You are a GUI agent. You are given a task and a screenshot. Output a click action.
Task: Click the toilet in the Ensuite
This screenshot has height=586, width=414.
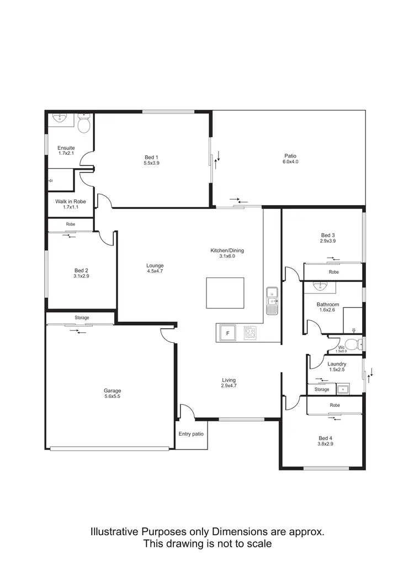point(84,125)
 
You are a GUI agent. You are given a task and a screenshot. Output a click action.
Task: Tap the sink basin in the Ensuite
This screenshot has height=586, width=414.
point(60,118)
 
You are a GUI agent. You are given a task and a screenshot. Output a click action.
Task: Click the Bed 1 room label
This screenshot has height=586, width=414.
point(151,157)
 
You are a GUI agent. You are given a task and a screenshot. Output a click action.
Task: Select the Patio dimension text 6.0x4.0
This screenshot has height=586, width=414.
point(290,162)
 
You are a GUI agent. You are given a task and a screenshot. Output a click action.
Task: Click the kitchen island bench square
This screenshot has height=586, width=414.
point(225,293)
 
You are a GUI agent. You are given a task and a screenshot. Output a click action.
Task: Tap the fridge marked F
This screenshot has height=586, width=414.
point(226,333)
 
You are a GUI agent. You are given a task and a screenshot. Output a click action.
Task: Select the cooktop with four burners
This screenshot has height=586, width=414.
point(250,333)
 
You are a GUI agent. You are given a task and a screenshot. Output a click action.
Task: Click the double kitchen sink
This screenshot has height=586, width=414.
point(272,301)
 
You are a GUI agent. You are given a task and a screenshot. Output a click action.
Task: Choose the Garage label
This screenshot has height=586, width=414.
point(113,390)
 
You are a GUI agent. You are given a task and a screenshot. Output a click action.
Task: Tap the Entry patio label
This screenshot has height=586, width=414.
point(191,434)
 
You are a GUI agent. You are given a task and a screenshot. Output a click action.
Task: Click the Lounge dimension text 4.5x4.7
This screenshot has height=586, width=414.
point(155,271)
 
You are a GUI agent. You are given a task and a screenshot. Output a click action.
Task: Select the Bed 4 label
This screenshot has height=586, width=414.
point(325,438)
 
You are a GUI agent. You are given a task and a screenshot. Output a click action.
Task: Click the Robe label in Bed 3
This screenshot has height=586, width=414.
point(334,272)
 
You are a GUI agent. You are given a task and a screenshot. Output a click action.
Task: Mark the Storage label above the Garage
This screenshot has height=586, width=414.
point(82,318)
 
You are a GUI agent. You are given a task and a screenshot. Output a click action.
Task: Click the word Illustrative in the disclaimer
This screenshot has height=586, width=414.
point(114,532)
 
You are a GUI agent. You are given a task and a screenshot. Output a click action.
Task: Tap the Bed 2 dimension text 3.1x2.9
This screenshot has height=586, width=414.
point(82,276)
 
